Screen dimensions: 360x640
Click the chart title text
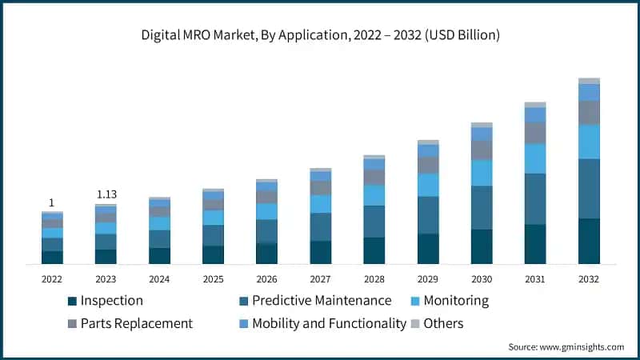pos(320,34)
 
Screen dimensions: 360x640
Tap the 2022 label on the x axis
pos(52,279)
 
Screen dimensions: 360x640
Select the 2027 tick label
pos(320,279)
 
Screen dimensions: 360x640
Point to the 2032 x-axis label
pos(588,279)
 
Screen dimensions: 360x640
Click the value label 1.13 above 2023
pos(106,194)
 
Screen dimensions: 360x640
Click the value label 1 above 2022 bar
pos(52,202)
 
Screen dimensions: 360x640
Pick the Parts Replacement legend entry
pos(130,323)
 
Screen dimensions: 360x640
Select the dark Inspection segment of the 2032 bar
pos(589,241)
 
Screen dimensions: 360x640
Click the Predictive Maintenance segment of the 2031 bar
pos(535,199)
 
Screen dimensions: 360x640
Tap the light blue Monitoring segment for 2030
pos(482,173)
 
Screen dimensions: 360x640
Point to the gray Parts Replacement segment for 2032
pos(589,112)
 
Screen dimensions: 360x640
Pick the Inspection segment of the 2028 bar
pos(374,250)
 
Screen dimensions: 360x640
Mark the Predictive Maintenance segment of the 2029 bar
pos(428,215)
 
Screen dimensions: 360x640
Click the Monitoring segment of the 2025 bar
pos(213,218)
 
